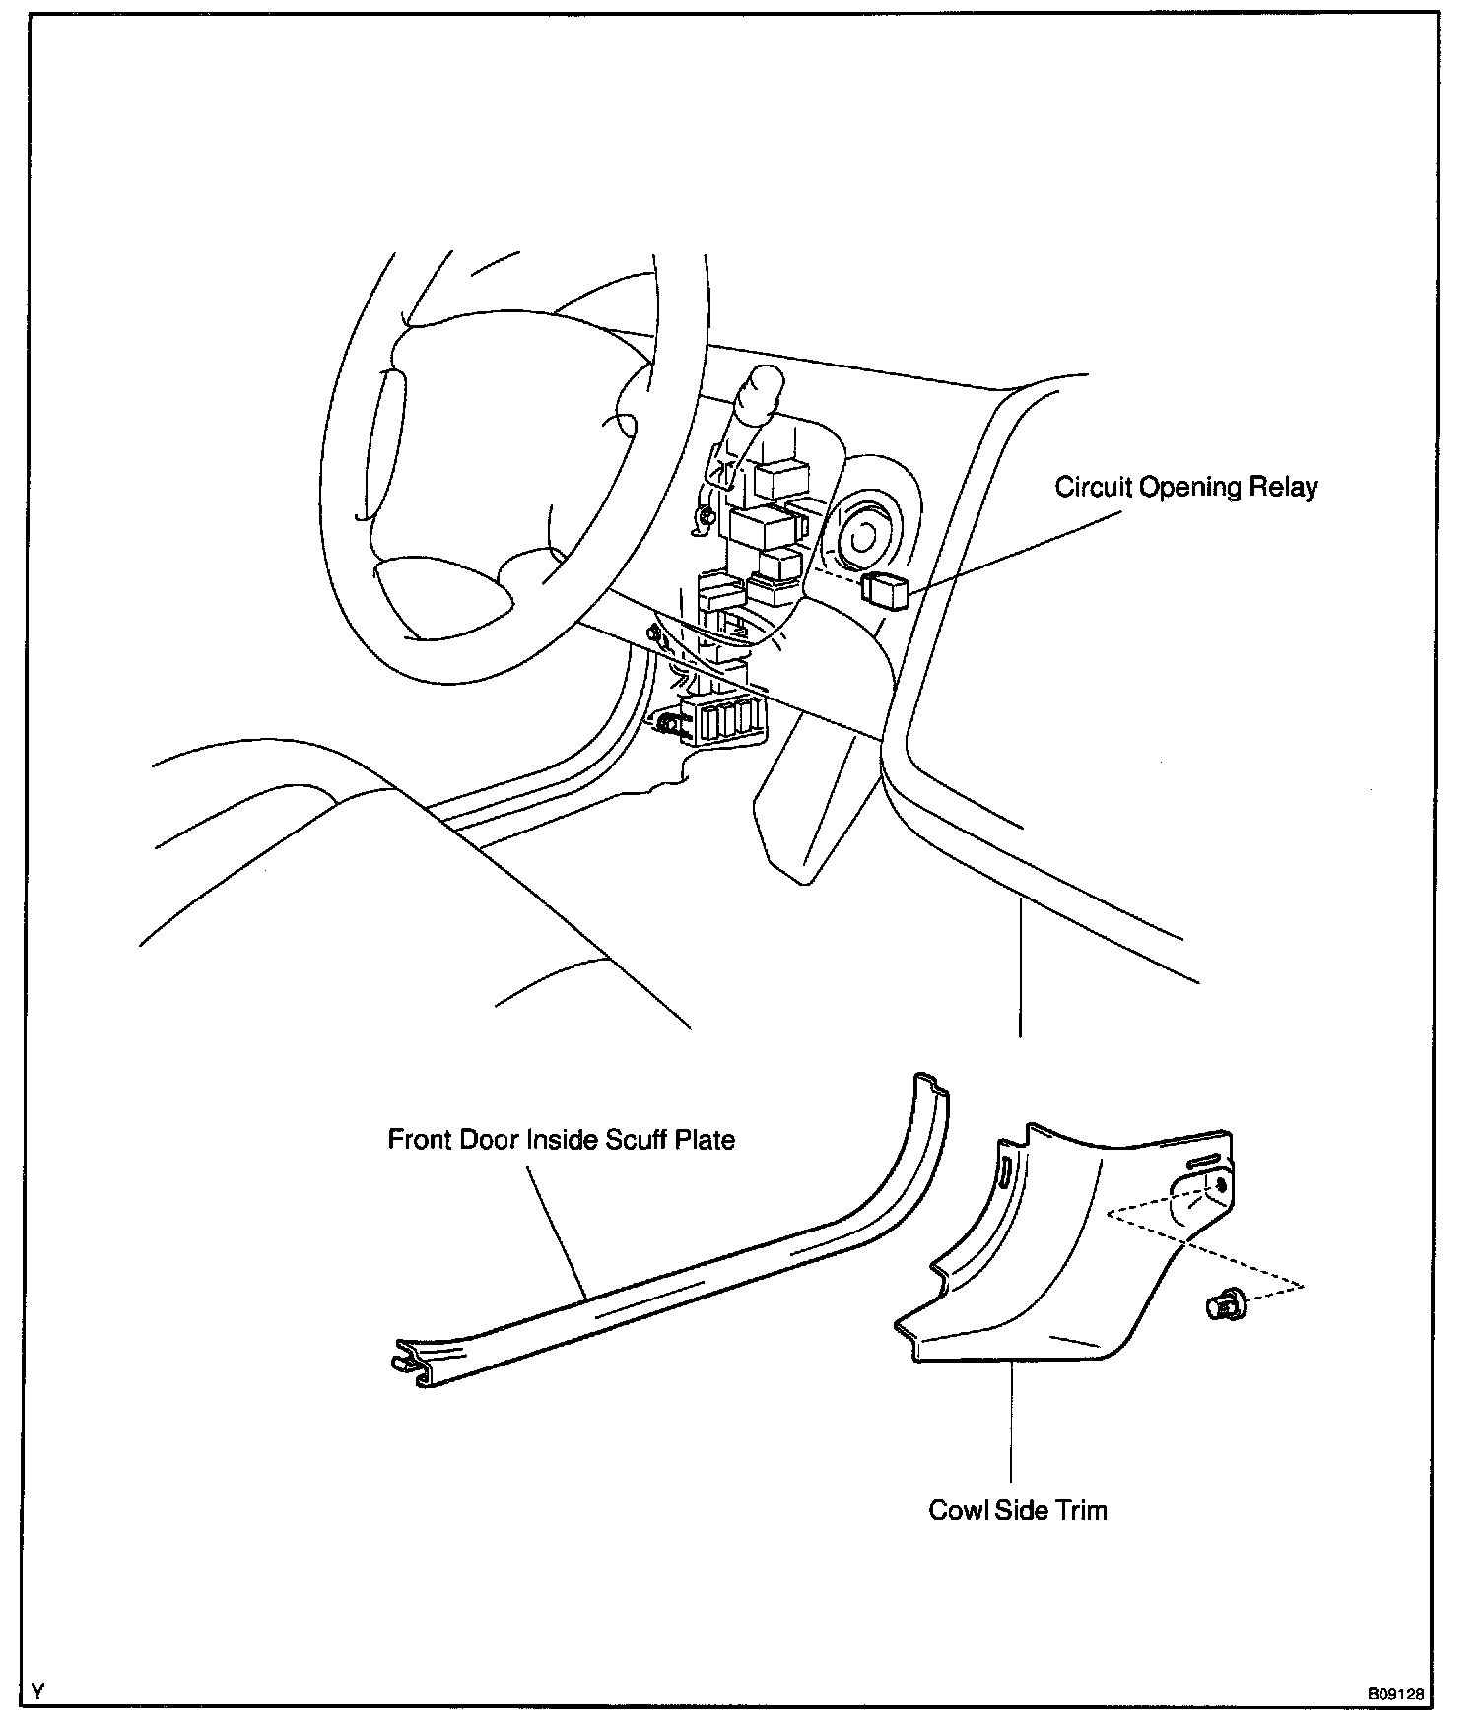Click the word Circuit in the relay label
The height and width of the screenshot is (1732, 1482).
[1094, 488]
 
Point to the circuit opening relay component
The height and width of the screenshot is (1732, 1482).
[885, 589]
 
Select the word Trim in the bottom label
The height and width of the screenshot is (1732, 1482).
[1081, 1510]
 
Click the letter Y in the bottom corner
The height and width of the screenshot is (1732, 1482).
[37, 1693]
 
